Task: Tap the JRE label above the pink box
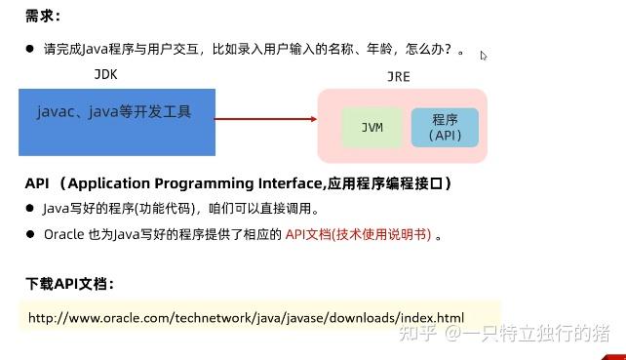pyautogui.click(x=398, y=77)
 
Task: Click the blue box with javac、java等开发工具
pyautogui.click(x=117, y=121)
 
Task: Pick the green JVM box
pyautogui.click(x=372, y=128)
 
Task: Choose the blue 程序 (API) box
pyautogui.click(x=445, y=128)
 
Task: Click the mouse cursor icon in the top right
pyautogui.click(x=484, y=56)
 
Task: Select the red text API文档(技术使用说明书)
pyautogui.click(x=359, y=234)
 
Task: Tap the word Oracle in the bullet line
pyautogui.click(x=64, y=234)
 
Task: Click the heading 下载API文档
pyautogui.click(x=69, y=284)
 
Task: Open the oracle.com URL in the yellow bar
pyautogui.click(x=246, y=318)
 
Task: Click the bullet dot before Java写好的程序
pyautogui.click(x=30, y=208)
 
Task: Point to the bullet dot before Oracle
pyautogui.click(x=30, y=234)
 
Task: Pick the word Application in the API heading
pyautogui.click(x=113, y=183)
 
